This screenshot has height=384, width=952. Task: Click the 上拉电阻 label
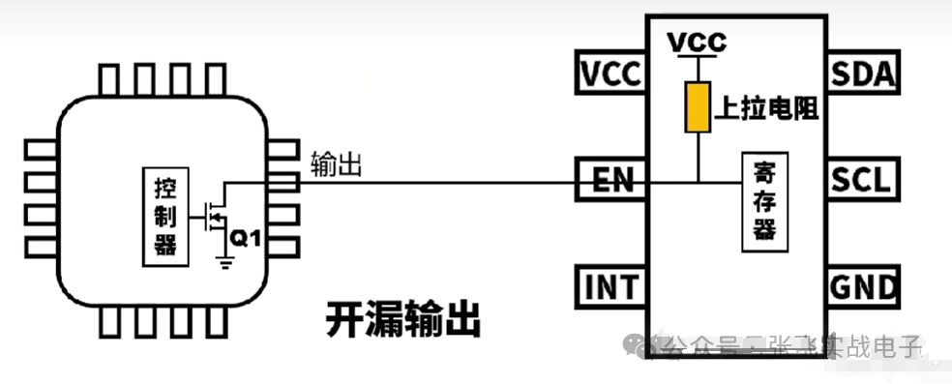tap(766, 108)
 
